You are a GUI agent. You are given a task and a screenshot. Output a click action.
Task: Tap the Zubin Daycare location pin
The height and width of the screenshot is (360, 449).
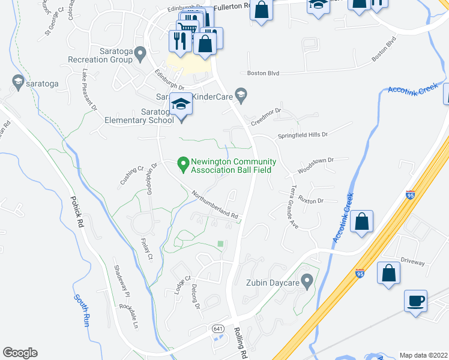307,280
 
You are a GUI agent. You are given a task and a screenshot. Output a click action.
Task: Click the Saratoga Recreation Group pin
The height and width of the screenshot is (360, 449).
140,55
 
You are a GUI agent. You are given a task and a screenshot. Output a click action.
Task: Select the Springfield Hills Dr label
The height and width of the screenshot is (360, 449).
303,134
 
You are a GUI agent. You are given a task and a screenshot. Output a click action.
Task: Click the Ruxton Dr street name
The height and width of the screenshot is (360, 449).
311,200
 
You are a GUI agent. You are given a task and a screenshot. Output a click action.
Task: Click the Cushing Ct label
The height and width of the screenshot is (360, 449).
132,175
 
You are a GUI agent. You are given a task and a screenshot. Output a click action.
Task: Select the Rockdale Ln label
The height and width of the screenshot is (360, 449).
128,316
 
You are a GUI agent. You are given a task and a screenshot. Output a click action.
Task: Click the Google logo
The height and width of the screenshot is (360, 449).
20,353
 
